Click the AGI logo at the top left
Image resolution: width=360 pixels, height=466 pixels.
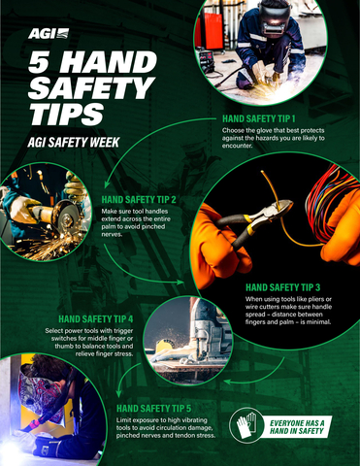click(44, 33)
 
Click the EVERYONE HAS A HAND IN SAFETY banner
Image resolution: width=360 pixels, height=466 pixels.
click(300, 428)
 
